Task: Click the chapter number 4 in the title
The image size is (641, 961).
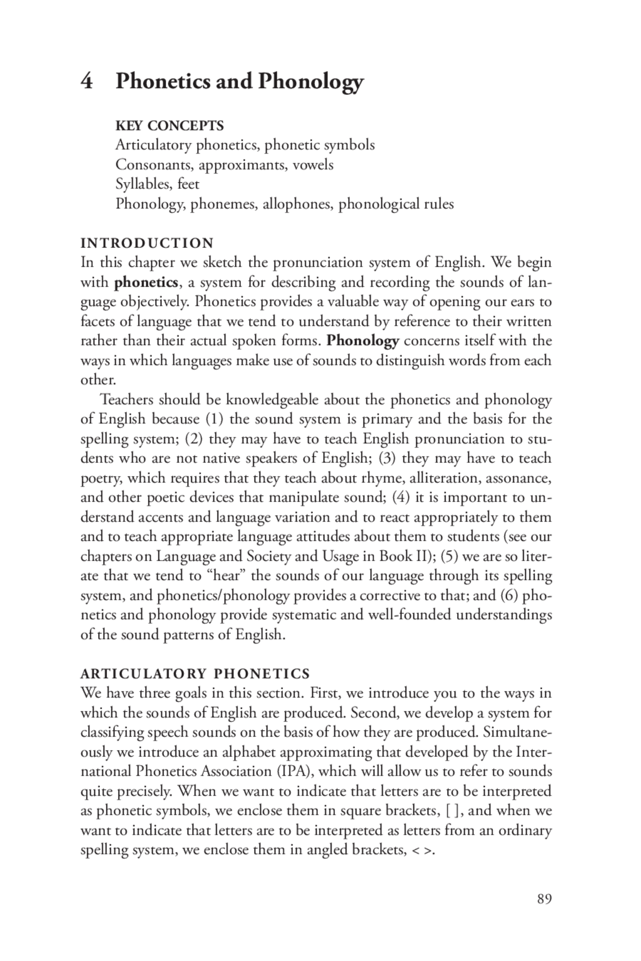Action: click(87, 81)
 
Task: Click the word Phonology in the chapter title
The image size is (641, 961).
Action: click(310, 82)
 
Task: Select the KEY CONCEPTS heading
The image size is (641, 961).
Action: click(169, 125)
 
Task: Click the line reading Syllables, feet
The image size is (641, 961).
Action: click(157, 184)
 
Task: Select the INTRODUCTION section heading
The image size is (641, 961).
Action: click(147, 243)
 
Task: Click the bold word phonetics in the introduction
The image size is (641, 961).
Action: click(146, 282)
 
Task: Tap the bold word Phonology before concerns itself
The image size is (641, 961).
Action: click(363, 341)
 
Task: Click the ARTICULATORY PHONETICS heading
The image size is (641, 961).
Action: click(195, 674)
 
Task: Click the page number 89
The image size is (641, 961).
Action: click(544, 899)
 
